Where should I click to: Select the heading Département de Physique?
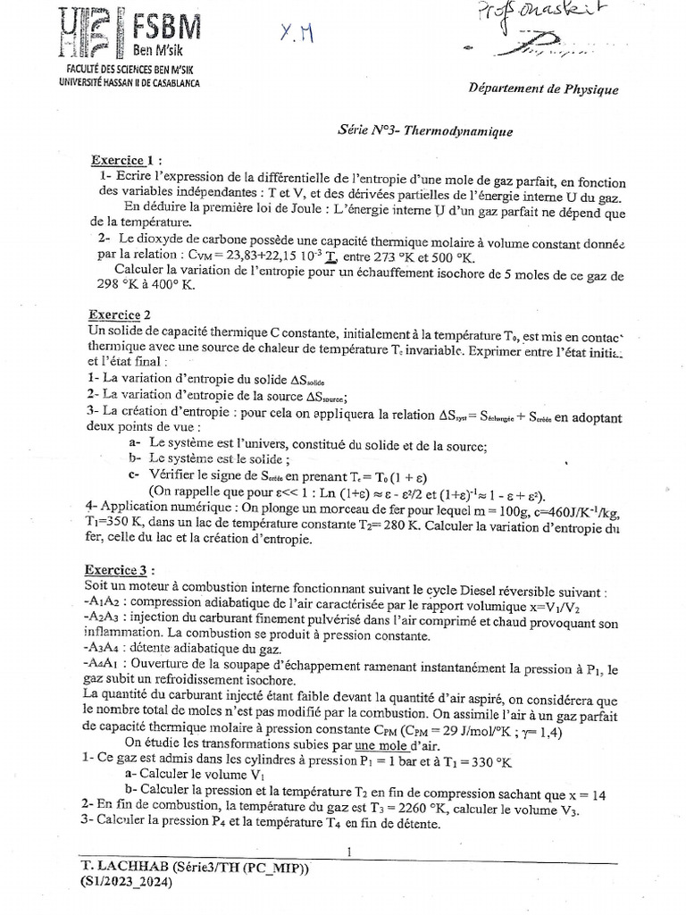(x=542, y=88)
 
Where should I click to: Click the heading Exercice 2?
(x=121, y=315)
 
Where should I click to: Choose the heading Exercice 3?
(x=124, y=568)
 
